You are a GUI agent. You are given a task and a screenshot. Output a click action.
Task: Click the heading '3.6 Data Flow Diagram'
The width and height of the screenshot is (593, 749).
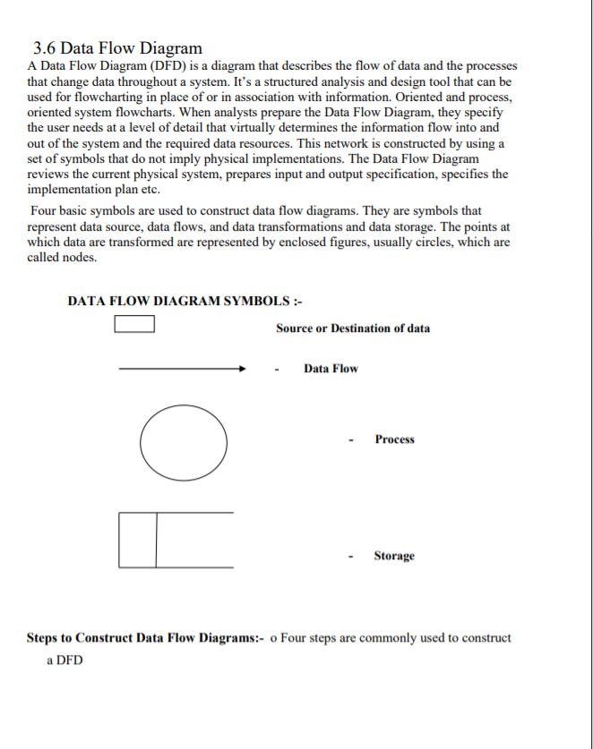click(117, 47)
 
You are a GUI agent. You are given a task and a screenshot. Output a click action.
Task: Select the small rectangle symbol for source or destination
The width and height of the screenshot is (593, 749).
click(134, 324)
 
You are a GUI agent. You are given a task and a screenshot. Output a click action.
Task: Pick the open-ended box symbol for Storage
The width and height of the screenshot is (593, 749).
click(176, 540)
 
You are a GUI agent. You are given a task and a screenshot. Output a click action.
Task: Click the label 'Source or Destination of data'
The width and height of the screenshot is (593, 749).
click(352, 328)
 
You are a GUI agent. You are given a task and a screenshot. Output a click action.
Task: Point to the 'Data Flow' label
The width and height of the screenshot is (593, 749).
click(331, 369)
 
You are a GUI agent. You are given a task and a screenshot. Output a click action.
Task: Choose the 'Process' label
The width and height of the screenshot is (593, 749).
click(394, 439)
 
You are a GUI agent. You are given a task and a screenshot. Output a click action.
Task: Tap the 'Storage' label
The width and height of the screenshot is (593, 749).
click(394, 556)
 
